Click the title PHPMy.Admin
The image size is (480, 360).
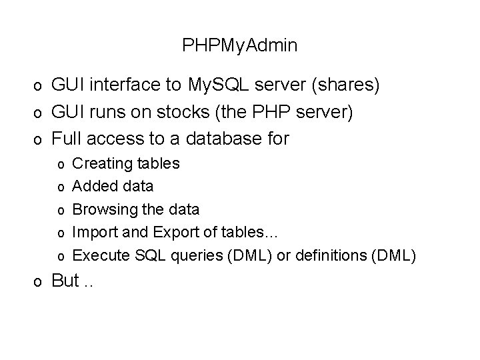(x=240, y=46)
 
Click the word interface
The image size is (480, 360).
(x=127, y=86)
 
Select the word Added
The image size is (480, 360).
(x=92, y=186)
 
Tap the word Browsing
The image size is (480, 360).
(x=103, y=209)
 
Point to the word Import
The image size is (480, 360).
(x=92, y=232)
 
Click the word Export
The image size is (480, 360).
(x=172, y=232)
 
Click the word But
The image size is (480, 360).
(x=65, y=281)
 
